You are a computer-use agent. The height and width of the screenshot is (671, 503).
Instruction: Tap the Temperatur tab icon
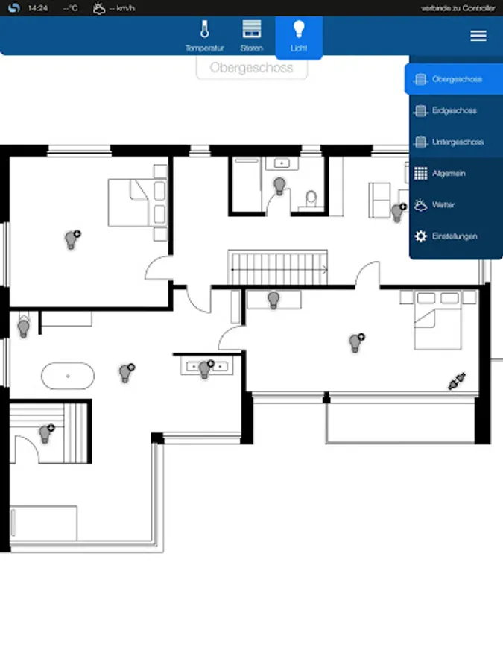click(204, 30)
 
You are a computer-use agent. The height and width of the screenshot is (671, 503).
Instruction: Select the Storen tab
click(252, 36)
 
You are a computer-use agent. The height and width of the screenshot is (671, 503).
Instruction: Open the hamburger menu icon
click(478, 36)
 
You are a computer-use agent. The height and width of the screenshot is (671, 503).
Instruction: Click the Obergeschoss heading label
click(252, 68)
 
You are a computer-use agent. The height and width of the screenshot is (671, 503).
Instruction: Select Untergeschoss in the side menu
click(456, 142)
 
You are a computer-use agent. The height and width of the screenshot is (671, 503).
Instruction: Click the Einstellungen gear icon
click(421, 236)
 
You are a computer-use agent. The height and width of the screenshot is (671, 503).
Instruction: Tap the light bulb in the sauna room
click(46, 433)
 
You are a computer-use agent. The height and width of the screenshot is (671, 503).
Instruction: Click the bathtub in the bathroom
click(68, 377)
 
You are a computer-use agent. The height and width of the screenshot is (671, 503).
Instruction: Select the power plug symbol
click(457, 381)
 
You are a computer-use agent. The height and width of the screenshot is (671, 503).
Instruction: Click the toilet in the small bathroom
click(311, 198)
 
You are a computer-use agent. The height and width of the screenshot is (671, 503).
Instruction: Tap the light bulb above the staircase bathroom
click(279, 186)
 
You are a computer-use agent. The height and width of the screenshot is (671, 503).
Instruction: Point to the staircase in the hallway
click(278, 268)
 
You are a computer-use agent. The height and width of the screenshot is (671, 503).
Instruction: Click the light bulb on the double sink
click(206, 369)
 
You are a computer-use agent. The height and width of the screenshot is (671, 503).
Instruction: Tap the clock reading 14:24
click(38, 8)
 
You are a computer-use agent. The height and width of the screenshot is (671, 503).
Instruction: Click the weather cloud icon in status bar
click(99, 8)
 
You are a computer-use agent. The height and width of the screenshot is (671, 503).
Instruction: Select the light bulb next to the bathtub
click(127, 373)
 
